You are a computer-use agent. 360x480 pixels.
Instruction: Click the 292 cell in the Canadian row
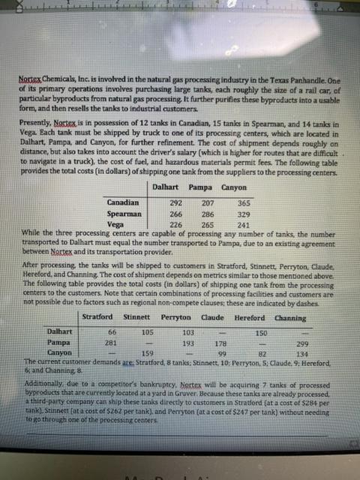[177, 202]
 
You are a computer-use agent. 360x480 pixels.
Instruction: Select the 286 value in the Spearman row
[208, 213]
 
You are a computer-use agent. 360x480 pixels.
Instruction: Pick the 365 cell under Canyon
[244, 202]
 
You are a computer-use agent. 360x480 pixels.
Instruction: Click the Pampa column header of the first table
[199, 186]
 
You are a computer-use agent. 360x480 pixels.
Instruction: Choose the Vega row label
[115, 223]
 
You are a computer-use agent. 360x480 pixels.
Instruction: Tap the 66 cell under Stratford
[111, 331]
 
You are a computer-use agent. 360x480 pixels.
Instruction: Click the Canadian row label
[122, 202]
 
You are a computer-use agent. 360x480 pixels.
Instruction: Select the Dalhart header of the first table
[165, 186]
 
